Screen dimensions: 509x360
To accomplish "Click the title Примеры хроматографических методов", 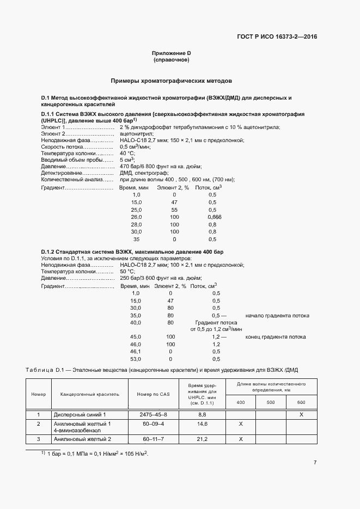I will (x=172, y=80).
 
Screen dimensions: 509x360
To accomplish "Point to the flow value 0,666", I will (x=215, y=217).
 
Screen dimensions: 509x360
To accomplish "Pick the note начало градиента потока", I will (x=277, y=315).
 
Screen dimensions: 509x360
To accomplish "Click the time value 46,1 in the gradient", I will (x=136, y=352).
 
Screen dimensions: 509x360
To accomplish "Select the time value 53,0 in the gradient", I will (x=136, y=359).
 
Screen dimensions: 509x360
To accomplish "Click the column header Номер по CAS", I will (x=154, y=394).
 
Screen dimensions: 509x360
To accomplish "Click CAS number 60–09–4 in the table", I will (x=154, y=424).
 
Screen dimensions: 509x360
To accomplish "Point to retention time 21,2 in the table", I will (x=202, y=438).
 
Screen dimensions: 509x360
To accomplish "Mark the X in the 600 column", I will (x=301, y=415).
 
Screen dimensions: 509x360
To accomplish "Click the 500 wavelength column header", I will (x=271, y=402).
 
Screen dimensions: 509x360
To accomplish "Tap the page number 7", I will (x=315, y=463).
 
